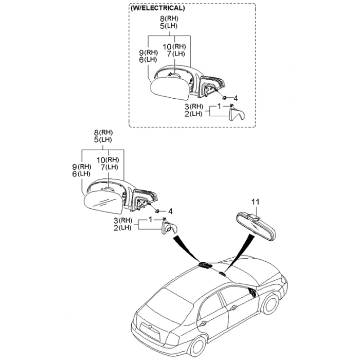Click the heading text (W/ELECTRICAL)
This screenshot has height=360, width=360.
[x=158, y=9]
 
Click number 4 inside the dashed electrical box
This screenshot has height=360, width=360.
[x=235, y=98]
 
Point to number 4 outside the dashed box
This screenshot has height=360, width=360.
[x=170, y=211]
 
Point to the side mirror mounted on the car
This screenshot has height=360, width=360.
[x=253, y=294]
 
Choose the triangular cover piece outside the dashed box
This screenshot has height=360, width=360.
[x=170, y=228]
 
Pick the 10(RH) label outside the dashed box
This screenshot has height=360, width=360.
[x=108, y=159]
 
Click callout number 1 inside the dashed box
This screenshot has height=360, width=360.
[x=220, y=105]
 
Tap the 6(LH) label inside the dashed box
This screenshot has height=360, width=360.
[x=148, y=59]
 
